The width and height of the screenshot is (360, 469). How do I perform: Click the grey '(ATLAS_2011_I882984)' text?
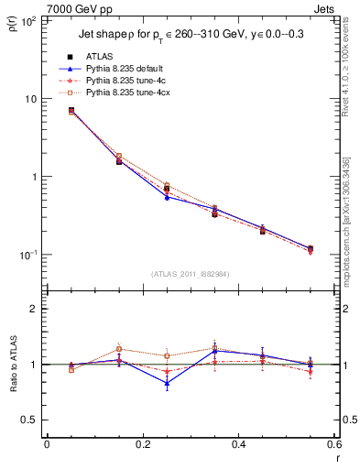190,274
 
